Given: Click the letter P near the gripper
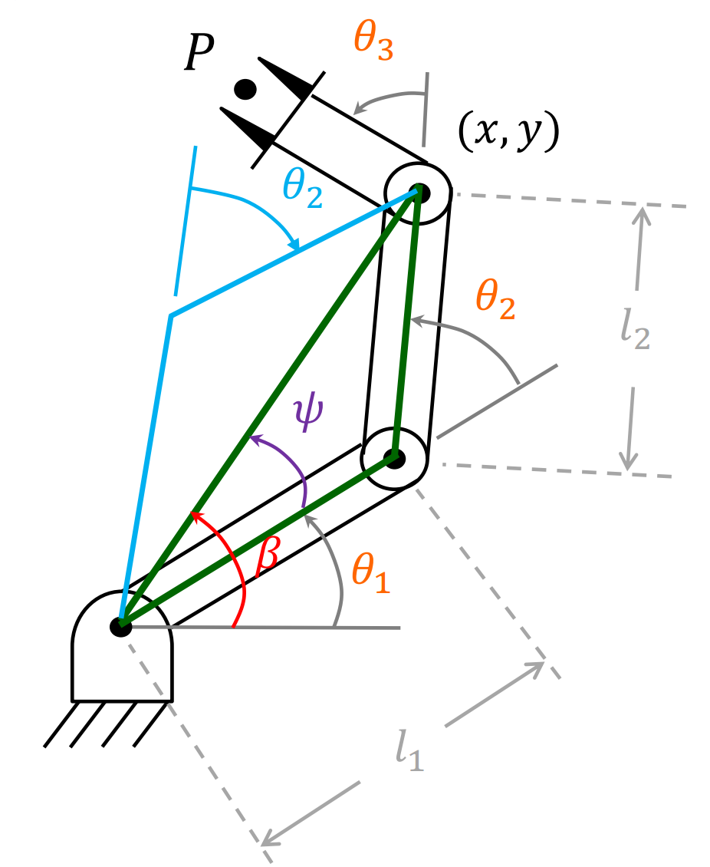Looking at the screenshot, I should (199, 55).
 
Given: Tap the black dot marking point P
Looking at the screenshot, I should (245, 89).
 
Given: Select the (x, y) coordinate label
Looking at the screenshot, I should (508, 132).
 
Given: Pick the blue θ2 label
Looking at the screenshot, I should (303, 186).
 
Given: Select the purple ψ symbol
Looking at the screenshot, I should (309, 412).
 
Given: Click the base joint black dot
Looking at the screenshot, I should (121, 626).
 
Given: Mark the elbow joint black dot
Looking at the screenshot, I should (394, 458).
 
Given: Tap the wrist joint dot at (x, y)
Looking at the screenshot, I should (418, 191).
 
